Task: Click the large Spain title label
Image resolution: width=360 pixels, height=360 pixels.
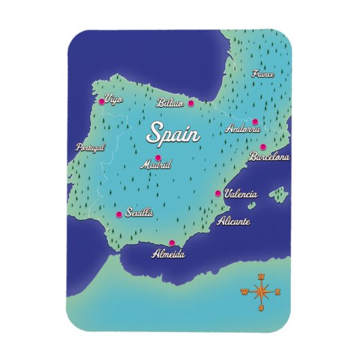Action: coord(174,134)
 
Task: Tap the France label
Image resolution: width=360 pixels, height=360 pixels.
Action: coord(263,74)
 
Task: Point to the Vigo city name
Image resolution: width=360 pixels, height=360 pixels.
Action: coord(114,100)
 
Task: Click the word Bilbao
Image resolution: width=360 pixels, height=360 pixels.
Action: coord(170,103)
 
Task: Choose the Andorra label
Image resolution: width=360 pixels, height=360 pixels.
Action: coord(243,128)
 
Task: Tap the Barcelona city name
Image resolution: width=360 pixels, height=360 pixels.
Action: coord(269,157)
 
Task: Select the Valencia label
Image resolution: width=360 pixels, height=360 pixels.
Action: coord(240,194)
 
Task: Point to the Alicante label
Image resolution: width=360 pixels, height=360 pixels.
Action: coord(233,221)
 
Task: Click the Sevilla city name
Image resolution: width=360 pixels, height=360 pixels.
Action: coord(139,213)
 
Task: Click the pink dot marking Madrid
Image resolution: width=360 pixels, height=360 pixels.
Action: coord(158,158)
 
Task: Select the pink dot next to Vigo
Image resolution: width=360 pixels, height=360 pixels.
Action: coord(102,102)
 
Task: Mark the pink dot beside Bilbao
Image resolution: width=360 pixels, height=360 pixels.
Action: coord(191,104)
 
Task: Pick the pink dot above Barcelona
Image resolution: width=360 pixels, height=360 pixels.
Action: coord(263,147)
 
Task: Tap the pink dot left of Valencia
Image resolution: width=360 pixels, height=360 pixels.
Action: coord(218,194)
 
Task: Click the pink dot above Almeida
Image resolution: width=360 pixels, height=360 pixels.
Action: coord(171,243)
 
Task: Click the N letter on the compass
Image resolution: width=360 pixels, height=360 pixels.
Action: coord(261,276)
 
